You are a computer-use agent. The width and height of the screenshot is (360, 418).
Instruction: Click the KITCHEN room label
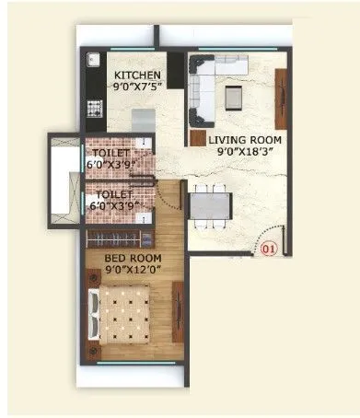pyautogui.click(x=137, y=75)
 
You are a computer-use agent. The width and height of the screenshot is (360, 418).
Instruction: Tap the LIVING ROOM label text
pyautogui.click(x=244, y=140)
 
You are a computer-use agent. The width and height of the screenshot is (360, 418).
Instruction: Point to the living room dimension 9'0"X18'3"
pyautogui.click(x=244, y=154)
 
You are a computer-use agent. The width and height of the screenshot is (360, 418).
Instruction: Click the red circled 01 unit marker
pyautogui.click(x=269, y=248)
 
